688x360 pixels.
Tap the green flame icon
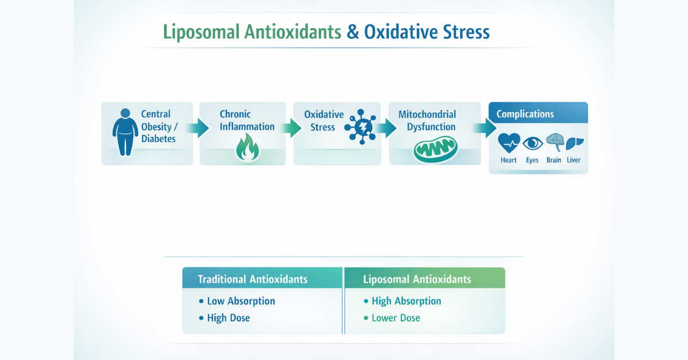tap(248, 148)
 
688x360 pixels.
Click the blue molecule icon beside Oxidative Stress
tap(360, 126)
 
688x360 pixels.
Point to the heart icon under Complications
tap(509, 142)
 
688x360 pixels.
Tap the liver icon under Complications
tap(574, 142)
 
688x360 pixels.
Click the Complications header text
tap(525, 114)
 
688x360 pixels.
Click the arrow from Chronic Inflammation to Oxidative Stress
tap(292, 128)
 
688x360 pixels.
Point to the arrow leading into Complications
tap(486, 128)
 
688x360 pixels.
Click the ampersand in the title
tap(353, 32)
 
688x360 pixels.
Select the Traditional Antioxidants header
tap(252, 279)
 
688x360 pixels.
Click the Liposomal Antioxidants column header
tap(417, 279)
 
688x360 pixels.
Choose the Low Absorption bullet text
tap(241, 301)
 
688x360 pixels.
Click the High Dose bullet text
tap(228, 318)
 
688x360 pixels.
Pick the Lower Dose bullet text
tap(396, 318)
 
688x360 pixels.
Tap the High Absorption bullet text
tap(406, 301)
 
